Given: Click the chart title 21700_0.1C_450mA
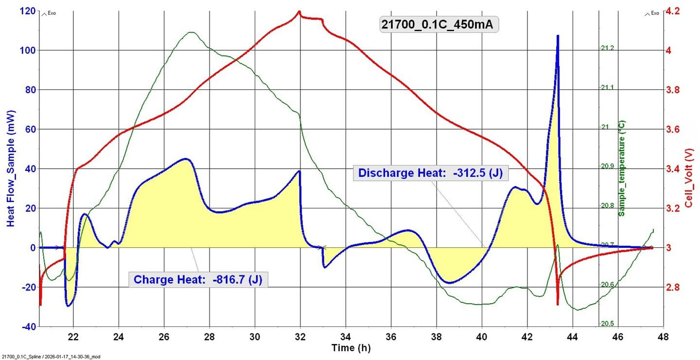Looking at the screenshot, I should (439, 24).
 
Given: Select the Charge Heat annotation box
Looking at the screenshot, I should (199, 279).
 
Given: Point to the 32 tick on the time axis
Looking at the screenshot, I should (300, 337).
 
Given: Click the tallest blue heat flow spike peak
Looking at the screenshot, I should (558, 36).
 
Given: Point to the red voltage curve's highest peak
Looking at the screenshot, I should (299, 12).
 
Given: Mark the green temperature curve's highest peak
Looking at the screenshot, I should (191, 33).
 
